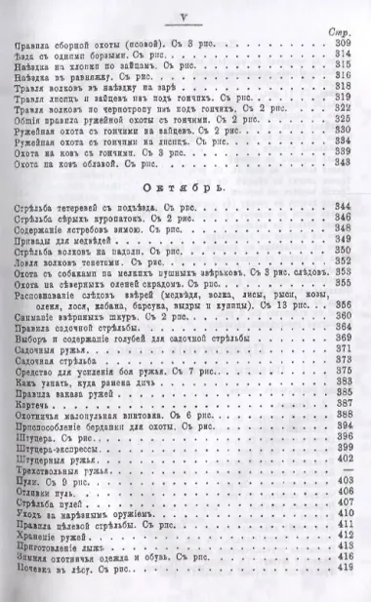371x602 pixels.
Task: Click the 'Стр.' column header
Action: click(x=345, y=33)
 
